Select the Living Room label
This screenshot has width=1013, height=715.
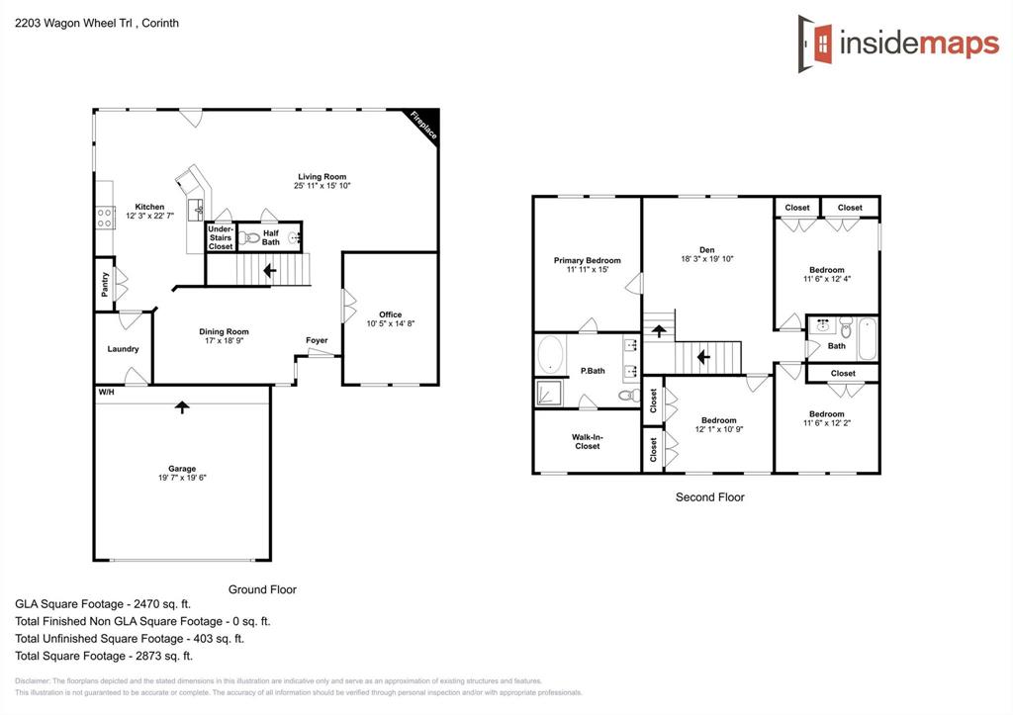pyautogui.click(x=322, y=177)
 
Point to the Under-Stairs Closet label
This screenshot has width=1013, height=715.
pyautogui.click(x=221, y=237)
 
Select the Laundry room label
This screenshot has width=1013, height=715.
pyautogui.click(x=123, y=349)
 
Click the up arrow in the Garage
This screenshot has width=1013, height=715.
pyautogui.click(x=181, y=405)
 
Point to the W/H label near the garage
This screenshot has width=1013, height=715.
pyautogui.click(x=105, y=393)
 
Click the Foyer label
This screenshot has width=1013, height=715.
pyautogui.click(x=317, y=341)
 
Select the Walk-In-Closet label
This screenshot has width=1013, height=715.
pyautogui.click(x=588, y=441)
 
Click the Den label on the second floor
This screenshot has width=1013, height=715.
pyautogui.click(x=706, y=250)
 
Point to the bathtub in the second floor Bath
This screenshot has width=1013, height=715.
pyautogui.click(x=867, y=338)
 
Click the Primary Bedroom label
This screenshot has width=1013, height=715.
pyautogui.click(x=588, y=261)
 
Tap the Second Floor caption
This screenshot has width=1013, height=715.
pyautogui.click(x=709, y=497)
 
